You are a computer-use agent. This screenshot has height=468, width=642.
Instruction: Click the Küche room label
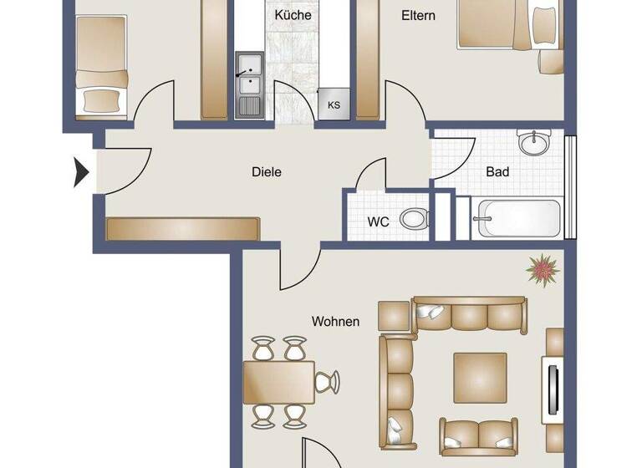[293, 15]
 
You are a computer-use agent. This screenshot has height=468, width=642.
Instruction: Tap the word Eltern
[418, 15]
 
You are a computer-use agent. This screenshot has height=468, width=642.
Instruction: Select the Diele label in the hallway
[267, 172]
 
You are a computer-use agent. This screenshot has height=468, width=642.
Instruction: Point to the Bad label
[497, 172]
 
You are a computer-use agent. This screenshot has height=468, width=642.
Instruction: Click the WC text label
[379, 222]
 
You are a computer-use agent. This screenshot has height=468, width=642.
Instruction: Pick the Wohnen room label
[335, 321]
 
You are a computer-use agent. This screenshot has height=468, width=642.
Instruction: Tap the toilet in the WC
[413, 220]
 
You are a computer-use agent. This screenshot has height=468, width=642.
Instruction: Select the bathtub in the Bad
[516, 219]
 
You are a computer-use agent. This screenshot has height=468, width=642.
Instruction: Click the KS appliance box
[334, 105]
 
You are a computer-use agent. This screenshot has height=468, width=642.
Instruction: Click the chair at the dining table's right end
[327, 383]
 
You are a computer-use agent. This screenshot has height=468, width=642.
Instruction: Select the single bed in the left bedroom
[101, 58]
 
